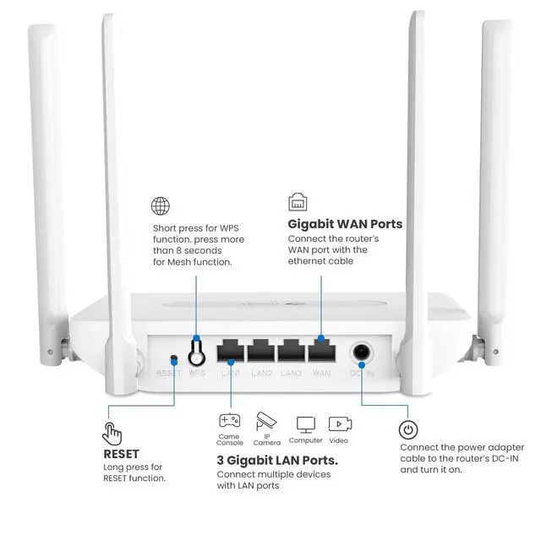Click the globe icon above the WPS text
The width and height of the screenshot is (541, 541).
coord(161,205)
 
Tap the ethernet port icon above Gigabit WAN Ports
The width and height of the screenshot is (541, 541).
coord(298,203)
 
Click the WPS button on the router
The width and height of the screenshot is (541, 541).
coord(197,349)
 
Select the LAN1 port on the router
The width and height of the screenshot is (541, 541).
coord(231,351)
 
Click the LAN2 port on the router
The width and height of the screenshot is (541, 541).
coord(261,351)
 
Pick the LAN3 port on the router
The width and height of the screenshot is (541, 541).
coord(291,351)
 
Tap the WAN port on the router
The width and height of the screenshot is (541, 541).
coord(321,351)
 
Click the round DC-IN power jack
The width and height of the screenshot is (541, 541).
coord(363,352)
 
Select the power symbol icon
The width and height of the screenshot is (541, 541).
coord(408,430)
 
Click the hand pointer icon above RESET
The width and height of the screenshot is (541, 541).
coord(112,434)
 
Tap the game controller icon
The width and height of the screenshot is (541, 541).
coord(230,420)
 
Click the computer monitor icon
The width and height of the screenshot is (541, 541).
coord(305,424)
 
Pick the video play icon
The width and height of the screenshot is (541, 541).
coord(340,424)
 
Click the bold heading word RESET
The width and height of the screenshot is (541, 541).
coord(121,454)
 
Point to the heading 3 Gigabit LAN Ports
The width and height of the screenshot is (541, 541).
coord(277,461)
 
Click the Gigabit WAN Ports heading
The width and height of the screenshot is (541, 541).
coord(345,224)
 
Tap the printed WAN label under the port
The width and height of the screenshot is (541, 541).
coord(321,373)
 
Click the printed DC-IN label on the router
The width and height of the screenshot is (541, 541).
coord(362,373)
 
